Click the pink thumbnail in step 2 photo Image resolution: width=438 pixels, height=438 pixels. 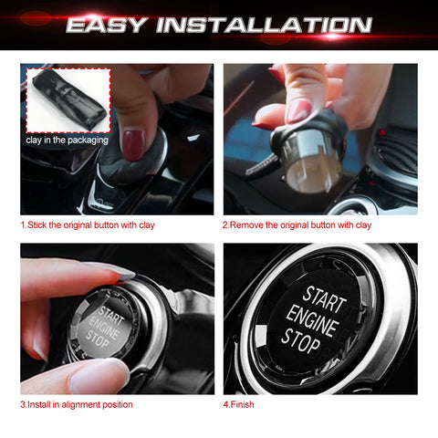coord(298,110)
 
